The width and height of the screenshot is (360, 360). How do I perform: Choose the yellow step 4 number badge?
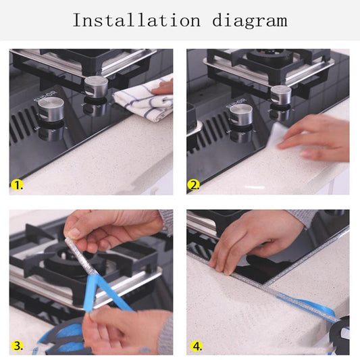[197, 345]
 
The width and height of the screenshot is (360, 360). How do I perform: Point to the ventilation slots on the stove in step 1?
[24, 125]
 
